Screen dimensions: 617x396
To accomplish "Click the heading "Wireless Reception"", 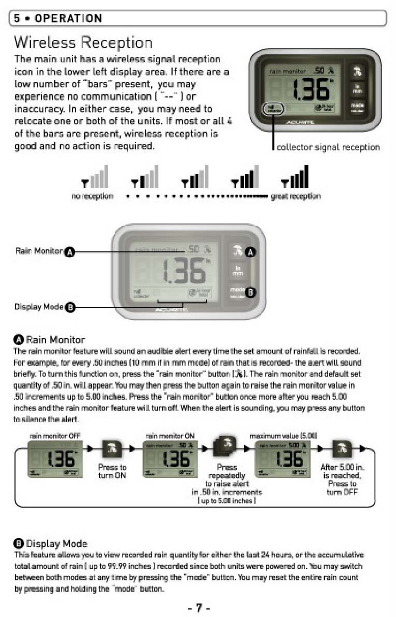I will pos(83,42).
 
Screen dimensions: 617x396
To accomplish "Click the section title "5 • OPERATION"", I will pos(58,19).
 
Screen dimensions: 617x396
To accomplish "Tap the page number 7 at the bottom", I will pos(198,608).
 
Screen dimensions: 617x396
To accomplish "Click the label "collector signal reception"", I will pos(328,147).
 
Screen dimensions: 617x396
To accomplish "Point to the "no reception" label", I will pos(92,196).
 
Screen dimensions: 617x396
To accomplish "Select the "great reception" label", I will pos(296,196).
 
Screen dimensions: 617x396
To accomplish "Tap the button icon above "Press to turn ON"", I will pos(112,450).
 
